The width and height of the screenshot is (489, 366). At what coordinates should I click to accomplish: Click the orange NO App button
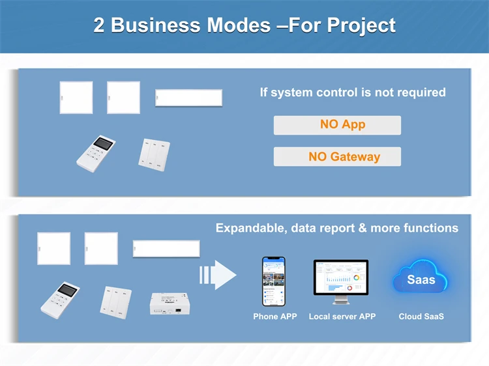point(337,125)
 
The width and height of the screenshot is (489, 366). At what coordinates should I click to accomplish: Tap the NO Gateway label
point(337,156)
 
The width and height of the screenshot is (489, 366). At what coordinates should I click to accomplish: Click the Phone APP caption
point(274,317)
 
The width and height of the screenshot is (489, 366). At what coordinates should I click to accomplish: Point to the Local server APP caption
point(342,317)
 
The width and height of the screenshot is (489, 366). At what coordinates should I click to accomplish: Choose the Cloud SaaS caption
point(421,317)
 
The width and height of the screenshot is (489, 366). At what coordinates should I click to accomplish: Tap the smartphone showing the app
point(274,281)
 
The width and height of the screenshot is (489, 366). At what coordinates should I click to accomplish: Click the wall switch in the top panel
point(154,154)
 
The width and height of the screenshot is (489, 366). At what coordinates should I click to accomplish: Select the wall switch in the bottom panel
point(116,301)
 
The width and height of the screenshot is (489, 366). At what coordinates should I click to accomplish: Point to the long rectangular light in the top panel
point(189,98)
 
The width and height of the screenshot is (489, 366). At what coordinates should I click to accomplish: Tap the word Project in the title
point(361,25)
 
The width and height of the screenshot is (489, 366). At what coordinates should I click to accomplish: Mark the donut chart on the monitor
point(357,278)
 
